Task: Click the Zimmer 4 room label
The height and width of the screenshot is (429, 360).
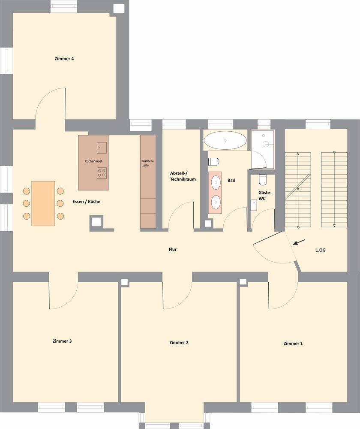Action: tap(64, 58)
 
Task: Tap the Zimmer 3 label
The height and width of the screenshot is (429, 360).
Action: tap(62, 341)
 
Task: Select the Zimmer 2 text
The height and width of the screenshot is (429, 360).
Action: tap(179, 342)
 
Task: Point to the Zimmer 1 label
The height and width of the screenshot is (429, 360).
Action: tap(293, 343)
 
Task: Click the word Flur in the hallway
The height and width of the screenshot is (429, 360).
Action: tap(172, 249)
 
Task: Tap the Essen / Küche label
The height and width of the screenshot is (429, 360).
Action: tap(86, 202)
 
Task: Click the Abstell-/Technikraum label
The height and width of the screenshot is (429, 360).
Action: tap(183, 176)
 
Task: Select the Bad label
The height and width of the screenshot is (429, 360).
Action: tap(231, 180)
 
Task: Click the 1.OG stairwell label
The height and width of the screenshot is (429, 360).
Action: tap(321, 250)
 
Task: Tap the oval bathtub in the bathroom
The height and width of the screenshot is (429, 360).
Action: tap(225, 140)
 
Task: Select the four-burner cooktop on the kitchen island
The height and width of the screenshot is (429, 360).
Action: tap(102, 173)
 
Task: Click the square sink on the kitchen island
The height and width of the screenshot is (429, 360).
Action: tap(102, 148)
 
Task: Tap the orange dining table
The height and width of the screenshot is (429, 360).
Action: tap(43, 203)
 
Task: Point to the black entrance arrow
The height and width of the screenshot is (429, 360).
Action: tap(299, 242)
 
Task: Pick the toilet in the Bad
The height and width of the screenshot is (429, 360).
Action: tap(213, 162)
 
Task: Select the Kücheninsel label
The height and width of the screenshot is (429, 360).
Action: tap(93, 161)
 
